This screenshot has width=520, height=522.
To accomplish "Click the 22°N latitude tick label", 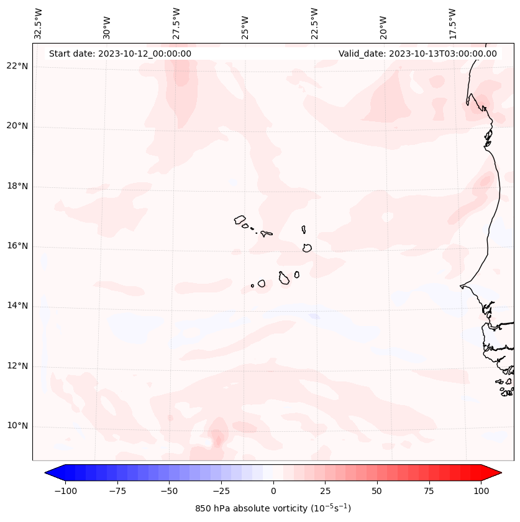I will [x=17, y=67].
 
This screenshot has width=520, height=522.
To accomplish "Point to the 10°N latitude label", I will [x=17, y=426].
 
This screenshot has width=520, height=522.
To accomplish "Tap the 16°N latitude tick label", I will [x=17, y=246].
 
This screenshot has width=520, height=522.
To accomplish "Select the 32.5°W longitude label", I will [x=39, y=24].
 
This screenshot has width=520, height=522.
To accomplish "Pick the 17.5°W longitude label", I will [x=452, y=24].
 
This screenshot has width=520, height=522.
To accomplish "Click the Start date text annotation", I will [x=120, y=54].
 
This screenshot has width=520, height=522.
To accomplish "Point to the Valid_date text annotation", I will [x=417, y=54].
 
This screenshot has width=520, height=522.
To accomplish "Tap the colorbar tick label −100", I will [x=65, y=491].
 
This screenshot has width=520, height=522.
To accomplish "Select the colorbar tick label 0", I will [x=273, y=491].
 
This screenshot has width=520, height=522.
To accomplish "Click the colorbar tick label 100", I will [x=481, y=491].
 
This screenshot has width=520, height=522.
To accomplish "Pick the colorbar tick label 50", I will [x=377, y=491].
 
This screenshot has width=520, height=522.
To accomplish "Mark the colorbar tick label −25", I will [x=221, y=491].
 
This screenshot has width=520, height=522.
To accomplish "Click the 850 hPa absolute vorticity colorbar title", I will [x=273, y=508].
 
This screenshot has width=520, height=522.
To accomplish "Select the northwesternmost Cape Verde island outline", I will [x=240, y=219].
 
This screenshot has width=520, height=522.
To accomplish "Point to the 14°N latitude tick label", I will [x=17, y=306].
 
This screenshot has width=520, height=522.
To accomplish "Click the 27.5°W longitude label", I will [x=176, y=24].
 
